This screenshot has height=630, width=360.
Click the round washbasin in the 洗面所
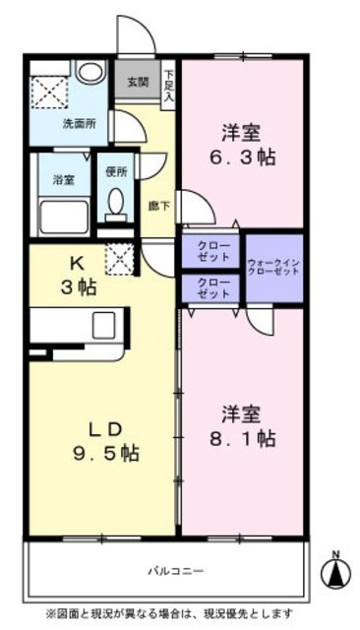(91, 73)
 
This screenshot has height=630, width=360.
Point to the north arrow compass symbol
(337, 570)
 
